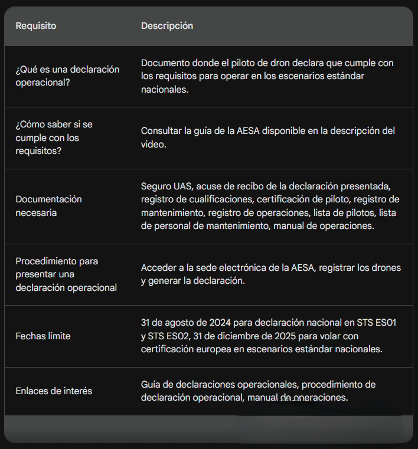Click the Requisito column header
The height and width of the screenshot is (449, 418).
click(36, 26)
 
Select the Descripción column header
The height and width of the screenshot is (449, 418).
click(167, 26)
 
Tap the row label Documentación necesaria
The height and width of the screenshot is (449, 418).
click(48, 206)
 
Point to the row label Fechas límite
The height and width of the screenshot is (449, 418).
click(43, 336)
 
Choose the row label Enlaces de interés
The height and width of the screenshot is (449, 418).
click(54, 391)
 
